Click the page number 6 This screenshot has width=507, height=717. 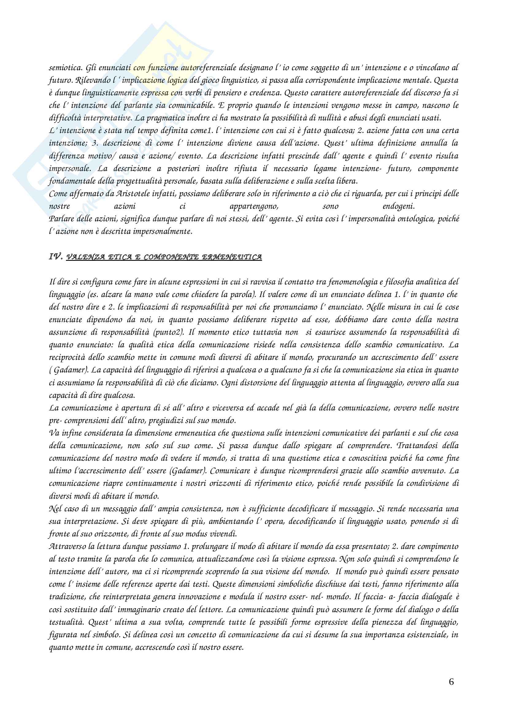point(451,682)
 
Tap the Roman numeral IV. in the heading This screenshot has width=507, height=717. point(56,257)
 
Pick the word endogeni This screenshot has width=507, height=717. point(399,206)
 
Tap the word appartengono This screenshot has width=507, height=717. point(254,206)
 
